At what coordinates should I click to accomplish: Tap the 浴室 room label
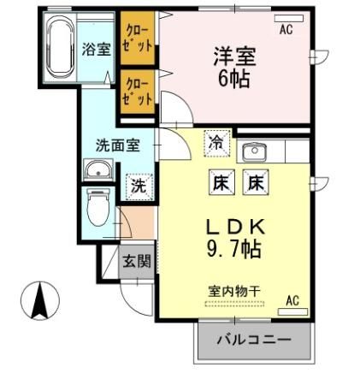coord(96,50)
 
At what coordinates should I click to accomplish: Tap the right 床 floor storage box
coord(255,181)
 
